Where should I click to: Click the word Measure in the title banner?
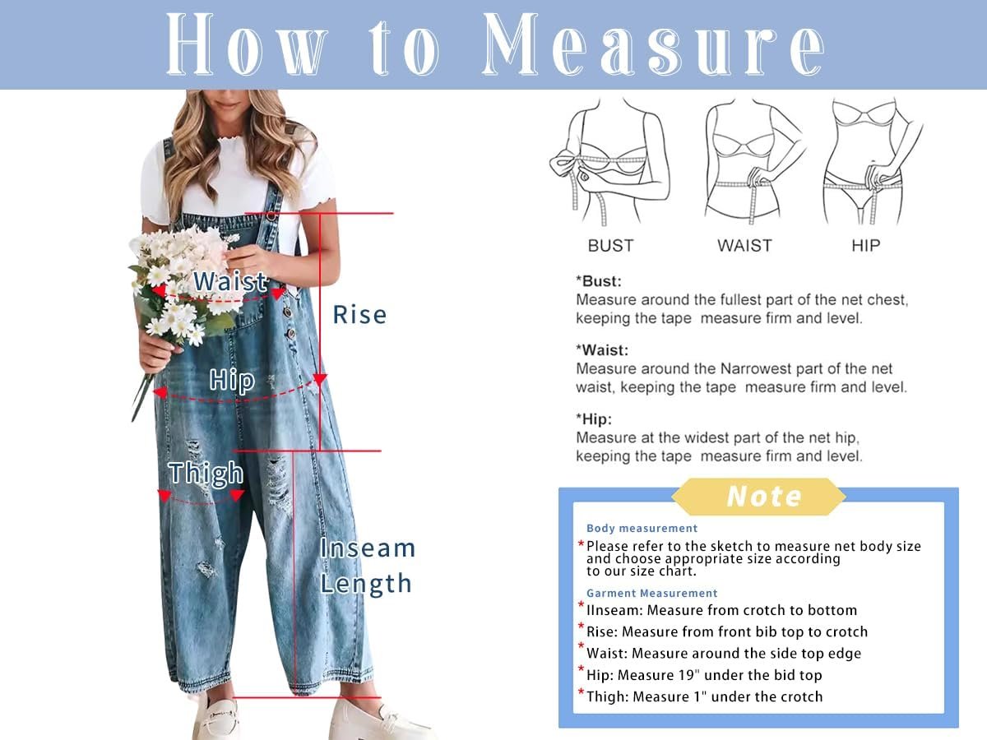pos(653,44)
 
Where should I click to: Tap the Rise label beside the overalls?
pos(359,315)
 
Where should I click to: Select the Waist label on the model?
pos(230,282)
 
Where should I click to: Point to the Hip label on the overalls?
pos(232,380)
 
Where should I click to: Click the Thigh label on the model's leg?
pos(206,474)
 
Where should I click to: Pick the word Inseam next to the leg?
pos(368,548)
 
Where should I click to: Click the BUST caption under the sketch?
pos(610,246)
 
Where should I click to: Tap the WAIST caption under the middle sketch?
pos(744,246)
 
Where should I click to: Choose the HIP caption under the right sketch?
pos(865,246)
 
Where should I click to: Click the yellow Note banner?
pos(758,497)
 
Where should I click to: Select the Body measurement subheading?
pos(642,529)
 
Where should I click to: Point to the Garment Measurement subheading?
pos(652,593)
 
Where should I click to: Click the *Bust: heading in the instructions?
pos(599,282)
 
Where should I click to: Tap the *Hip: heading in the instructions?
pos(594,419)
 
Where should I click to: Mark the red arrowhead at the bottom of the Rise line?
pos(320,380)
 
